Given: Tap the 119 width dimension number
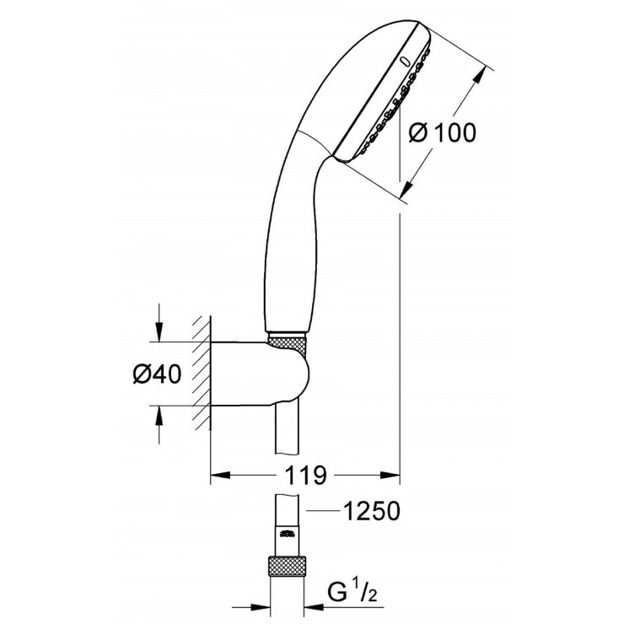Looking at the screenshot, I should pyautogui.click(x=305, y=475).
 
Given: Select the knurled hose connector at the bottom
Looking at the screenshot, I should pyautogui.click(x=288, y=567).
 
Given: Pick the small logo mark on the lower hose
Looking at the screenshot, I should pyautogui.click(x=288, y=531).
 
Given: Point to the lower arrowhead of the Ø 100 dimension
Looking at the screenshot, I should pyautogui.click(x=408, y=193).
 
